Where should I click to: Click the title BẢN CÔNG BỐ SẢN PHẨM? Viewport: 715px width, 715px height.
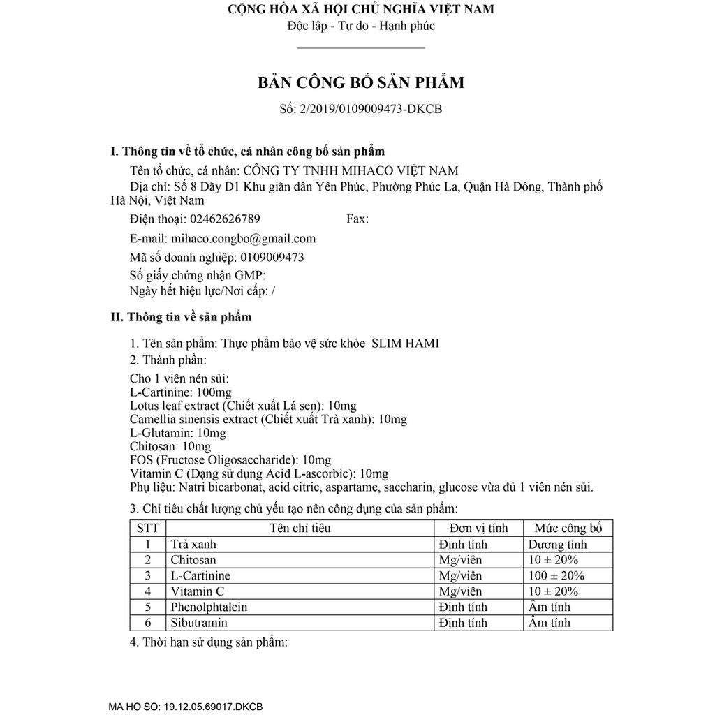(x=361, y=83)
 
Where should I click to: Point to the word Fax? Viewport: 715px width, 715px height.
(x=357, y=219)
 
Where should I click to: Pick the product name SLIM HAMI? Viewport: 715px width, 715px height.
(x=405, y=343)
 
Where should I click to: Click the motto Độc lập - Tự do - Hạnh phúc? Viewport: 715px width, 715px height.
(x=361, y=27)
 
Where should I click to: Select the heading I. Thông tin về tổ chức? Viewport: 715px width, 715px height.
(x=248, y=152)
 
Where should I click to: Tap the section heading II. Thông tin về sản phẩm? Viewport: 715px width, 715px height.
(x=182, y=317)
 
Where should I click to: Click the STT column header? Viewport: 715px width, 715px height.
(x=147, y=528)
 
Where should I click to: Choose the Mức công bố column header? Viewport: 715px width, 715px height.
(x=568, y=528)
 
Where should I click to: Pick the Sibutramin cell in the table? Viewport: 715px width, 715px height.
(x=199, y=622)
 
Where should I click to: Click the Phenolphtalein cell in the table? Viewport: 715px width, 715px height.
(x=209, y=607)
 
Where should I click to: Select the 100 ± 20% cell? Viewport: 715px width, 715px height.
(x=556, y=576)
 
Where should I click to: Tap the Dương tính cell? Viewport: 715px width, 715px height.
(x=557, y=545)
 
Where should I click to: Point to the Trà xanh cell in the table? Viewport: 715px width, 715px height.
(x=193, y=545)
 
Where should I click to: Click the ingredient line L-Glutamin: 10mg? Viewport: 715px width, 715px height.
(x=177, y=433)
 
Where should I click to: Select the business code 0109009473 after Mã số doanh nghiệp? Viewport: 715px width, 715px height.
(x=272, y=257)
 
